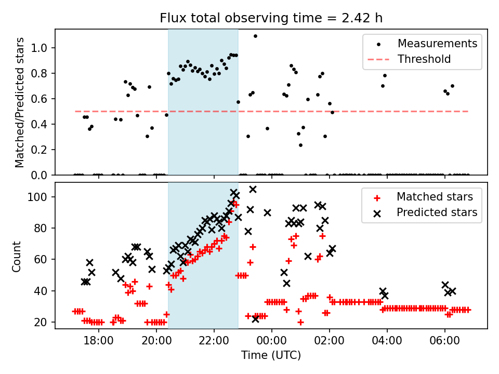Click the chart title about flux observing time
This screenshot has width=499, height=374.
tap(271, 18)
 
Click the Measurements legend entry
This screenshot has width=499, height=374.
tap(437, 44)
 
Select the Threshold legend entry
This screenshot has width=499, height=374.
tap(424, 59)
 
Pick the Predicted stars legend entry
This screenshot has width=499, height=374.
tap(437, 212)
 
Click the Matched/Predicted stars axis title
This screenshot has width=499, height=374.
tap(20, 102)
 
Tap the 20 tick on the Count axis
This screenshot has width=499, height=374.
tap(42, 323)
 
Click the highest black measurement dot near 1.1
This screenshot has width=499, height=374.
tap(255, 36)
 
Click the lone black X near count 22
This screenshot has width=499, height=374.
tap(255, 318)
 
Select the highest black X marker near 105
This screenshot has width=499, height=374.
tap(253, 190)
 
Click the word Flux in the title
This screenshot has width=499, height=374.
tap(172, 18)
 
